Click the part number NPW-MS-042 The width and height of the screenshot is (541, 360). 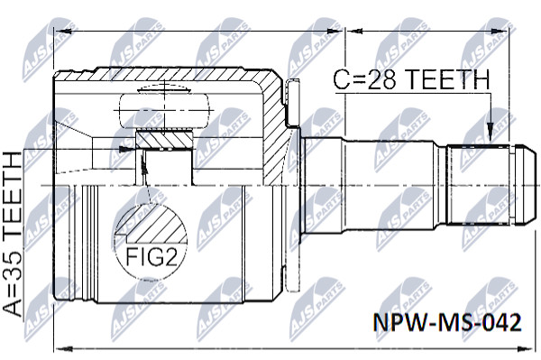pyautogui.click(x=447, y=323)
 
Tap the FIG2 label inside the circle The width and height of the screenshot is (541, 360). pyautogui.click(x=151, y=256)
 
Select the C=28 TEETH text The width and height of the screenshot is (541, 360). pyautogui.click(x=412, y=79)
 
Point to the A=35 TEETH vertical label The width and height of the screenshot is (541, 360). pyautogui.click(x=13, y=235)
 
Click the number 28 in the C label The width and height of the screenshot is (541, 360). pyautogui.click(x=381, y=79)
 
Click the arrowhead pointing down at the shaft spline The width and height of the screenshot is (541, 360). pyautogui.click(x=490, y=133)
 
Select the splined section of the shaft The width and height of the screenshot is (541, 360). pyautogui.click(x=478, y=185)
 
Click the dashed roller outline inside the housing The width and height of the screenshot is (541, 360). pyautogui.click(x=165, y=110)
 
